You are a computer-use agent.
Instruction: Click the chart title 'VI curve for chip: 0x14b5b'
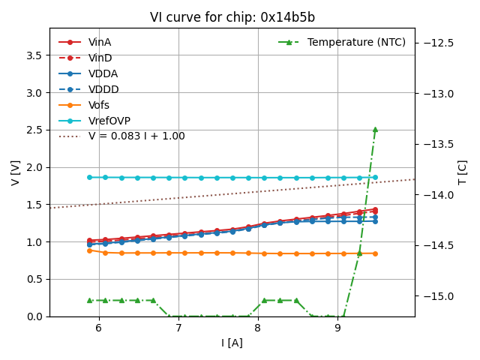232,17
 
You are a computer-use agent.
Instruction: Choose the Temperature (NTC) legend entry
356,43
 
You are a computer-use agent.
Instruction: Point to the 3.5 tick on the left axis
34,55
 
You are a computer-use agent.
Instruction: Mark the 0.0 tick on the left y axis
34,316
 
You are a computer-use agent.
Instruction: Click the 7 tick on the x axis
178,328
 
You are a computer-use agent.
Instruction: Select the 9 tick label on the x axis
337,328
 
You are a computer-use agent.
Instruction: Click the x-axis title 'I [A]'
232,343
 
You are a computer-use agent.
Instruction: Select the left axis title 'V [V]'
16,172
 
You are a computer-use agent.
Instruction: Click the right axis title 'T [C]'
463,172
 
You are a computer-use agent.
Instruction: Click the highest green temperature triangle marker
375,129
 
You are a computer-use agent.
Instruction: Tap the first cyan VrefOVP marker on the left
89,178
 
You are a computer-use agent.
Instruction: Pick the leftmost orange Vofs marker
89,250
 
